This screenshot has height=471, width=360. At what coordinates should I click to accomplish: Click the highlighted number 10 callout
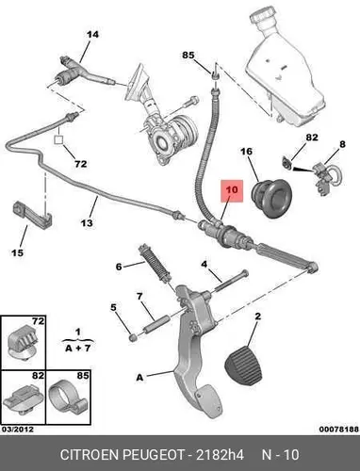232,190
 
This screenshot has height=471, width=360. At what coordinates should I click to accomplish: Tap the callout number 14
92,34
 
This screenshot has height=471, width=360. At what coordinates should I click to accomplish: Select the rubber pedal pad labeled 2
243,365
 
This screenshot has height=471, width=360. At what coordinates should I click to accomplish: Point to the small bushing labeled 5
133,337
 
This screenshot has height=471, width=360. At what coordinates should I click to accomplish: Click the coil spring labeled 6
155,263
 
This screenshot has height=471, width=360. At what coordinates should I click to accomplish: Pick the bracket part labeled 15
32,216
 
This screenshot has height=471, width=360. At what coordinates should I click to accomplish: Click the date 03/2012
18,429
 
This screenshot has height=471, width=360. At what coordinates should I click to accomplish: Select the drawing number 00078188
339,429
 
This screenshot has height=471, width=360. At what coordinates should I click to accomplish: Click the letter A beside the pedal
139,377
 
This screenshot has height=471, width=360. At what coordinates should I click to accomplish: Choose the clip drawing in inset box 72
22,342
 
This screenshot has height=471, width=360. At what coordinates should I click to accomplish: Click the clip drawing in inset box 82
22,398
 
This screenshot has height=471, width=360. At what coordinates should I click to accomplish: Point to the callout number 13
87,222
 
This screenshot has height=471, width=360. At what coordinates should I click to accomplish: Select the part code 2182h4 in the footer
220,455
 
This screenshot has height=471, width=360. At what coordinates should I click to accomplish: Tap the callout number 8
342,144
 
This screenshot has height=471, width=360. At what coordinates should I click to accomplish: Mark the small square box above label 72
58,139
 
